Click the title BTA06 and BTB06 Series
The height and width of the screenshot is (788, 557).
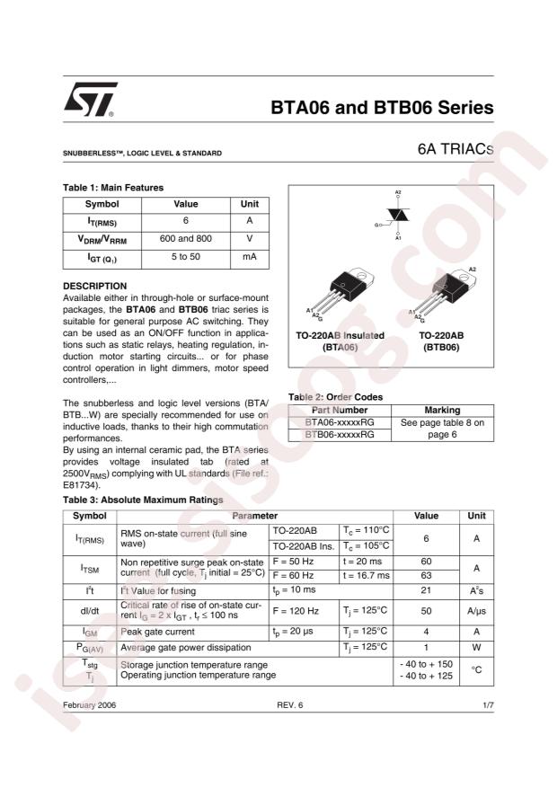pyautogui.click(x=382, y=108)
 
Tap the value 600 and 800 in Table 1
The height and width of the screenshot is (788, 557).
pyautogui.click(x=185, y=239)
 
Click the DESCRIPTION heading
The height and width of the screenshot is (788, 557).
pyautogui.click(x=94, y=286)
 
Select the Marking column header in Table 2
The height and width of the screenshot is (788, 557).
pyautogui.click(x=441, y=410)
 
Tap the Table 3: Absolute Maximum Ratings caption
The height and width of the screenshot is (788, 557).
pyautogui.click(x=142, y=500)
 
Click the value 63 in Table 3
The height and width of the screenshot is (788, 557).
pyautogui.click(x=426, y=574)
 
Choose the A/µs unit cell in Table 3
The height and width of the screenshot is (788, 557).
pyautogui.click(x=475, y=611)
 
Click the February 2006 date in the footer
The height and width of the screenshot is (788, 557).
pyautogui.click(x=89, y=705)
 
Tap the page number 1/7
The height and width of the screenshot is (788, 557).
pyautogui.click(x=488, y=705)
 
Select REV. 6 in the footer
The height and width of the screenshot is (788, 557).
pyautogui.click(x=290, y=705)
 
